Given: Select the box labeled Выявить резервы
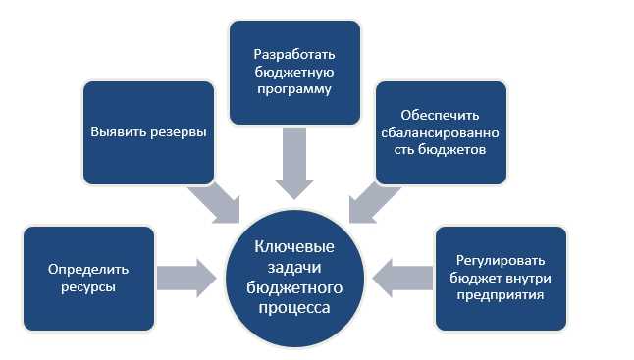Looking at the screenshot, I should [x=148, y=132].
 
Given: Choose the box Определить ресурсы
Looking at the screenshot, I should [x=88, y=277].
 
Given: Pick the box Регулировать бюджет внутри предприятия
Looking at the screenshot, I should [x=502, y=277].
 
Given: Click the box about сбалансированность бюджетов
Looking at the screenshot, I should [x=441, y=132].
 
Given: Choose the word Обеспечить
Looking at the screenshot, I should [x=441, y=114].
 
